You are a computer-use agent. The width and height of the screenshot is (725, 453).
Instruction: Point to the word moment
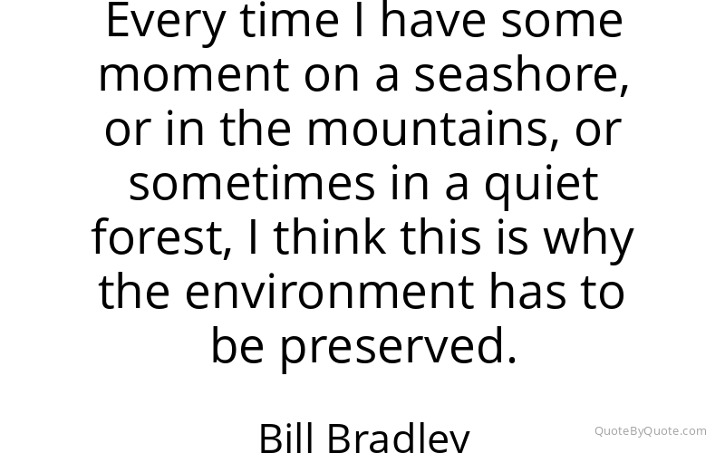click(x=194, y=74)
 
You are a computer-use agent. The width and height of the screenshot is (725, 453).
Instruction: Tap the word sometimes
click(x=252, y=183)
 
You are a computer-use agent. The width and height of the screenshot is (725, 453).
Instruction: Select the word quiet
click(x=541, y=186)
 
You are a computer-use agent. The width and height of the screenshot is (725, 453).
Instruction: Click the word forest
click(x=161, y=237)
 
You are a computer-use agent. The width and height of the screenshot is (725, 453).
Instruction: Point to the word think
click(x=330, y=236)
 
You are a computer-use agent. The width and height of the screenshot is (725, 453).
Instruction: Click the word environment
click(x=330, y=291)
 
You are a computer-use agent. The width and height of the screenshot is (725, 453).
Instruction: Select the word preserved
click(x=398, y=349)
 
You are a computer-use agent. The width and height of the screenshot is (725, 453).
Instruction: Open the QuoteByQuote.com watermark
click(x=650, y=431)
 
